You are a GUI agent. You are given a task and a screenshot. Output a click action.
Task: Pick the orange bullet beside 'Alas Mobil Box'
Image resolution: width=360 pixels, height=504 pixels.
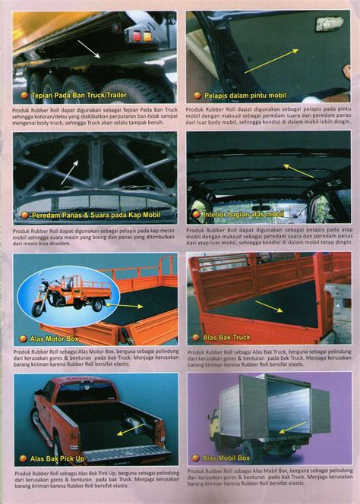coord(195,458)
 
